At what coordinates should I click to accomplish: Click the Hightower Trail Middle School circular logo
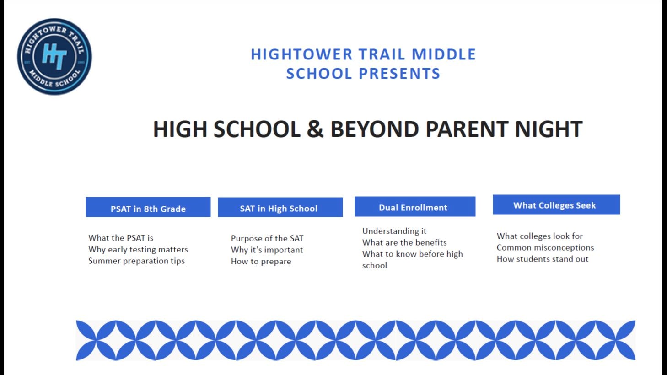coord(54,57)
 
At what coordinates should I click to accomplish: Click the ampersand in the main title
coord(315,129)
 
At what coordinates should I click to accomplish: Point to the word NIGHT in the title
coord(549,129)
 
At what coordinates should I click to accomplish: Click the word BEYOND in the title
coord(375,129)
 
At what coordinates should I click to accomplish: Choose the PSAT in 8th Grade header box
coord(148,207)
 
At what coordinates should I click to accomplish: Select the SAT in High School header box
coord(280,207)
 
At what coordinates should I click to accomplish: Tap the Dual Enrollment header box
coord(415,206)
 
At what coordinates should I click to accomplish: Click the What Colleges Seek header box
coord(556,205)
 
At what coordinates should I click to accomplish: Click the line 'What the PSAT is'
coord(121,238)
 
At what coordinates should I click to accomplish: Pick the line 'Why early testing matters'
coord(138,249)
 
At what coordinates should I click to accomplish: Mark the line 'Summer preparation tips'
coord(136,261)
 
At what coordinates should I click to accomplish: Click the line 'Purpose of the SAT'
coord(267,238)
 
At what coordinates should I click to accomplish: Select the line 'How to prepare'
coord(261,261)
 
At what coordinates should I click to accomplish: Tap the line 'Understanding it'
coord(394,231)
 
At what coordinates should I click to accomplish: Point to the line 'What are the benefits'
coord(404,242)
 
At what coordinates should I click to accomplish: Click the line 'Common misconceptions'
coord(545,247)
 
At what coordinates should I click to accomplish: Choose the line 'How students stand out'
coord(543,259)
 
